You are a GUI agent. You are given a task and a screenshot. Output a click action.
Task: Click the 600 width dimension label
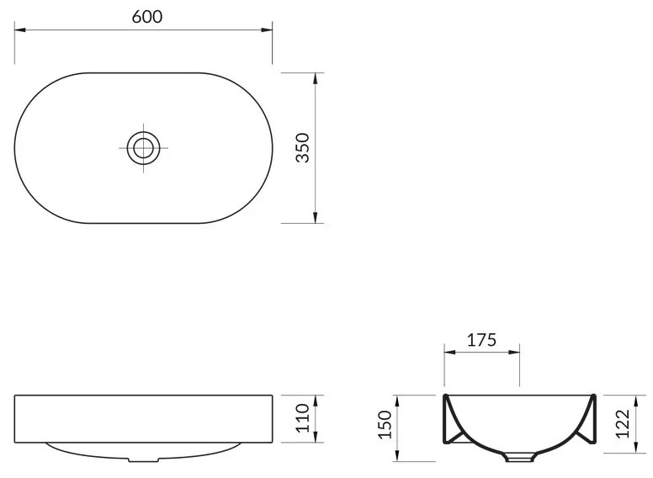click(x=144, y=16)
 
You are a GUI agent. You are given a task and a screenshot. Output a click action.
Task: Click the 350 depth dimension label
click(x=304, y=147)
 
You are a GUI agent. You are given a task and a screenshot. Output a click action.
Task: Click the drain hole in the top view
click(x=144, y=148)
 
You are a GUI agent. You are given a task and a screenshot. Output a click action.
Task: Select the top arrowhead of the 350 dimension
click(x=315, y=77)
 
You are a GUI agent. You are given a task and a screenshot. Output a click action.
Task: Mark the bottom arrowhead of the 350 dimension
click(x=315, y=219)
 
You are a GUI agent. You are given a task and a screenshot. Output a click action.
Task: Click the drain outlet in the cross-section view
click(x=519, y=458)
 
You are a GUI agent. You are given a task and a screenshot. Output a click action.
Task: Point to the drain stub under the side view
click(x=144, y=460)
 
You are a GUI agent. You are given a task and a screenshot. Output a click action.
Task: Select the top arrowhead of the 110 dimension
click(x=315, y=398)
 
